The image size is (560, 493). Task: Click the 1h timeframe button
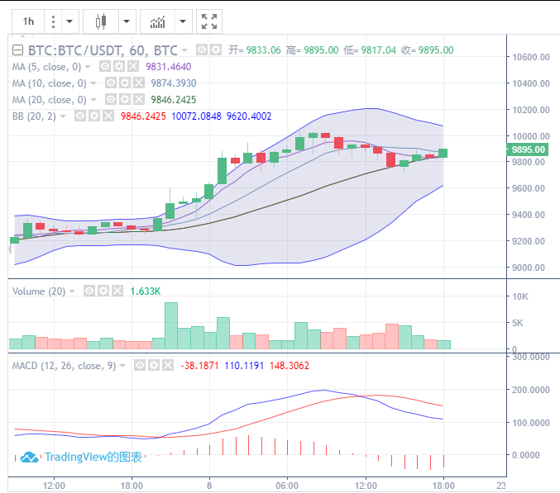pos(29,21)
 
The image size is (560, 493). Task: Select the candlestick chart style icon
pos(101,21)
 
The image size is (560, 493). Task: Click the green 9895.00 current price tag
pos(529,149)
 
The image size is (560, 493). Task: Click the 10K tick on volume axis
pos(520,296)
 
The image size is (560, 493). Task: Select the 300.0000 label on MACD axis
pos(531,357)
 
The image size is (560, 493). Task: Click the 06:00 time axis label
pos(287,485)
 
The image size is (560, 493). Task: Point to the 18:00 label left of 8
pos(132,485)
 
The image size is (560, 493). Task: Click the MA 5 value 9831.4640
pos(169,67)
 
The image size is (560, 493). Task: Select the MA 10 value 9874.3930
pos(174,83)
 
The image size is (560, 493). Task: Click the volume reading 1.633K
pos(146,292)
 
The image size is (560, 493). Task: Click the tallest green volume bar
pos(171,325)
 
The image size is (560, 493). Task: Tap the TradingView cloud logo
pos(30,457)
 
